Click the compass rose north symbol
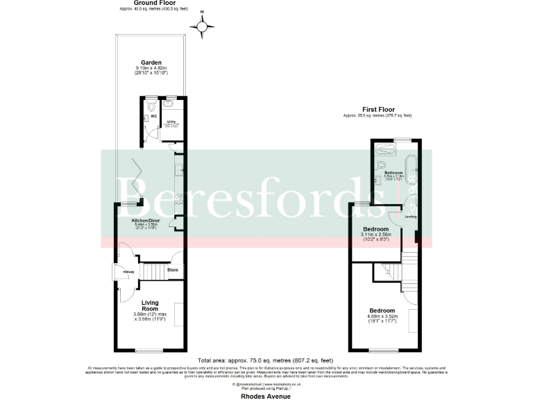[202, 27]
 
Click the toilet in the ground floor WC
[150, 107]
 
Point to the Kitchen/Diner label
[146, 221]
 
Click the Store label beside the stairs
[173, 269]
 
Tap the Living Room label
[151, 306]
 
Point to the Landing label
[411, 217]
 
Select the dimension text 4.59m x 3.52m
[382, 317]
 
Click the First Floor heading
[378, 109]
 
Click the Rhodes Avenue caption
[266, 396]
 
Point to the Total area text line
[266, 360]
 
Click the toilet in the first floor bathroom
[382, 165]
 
